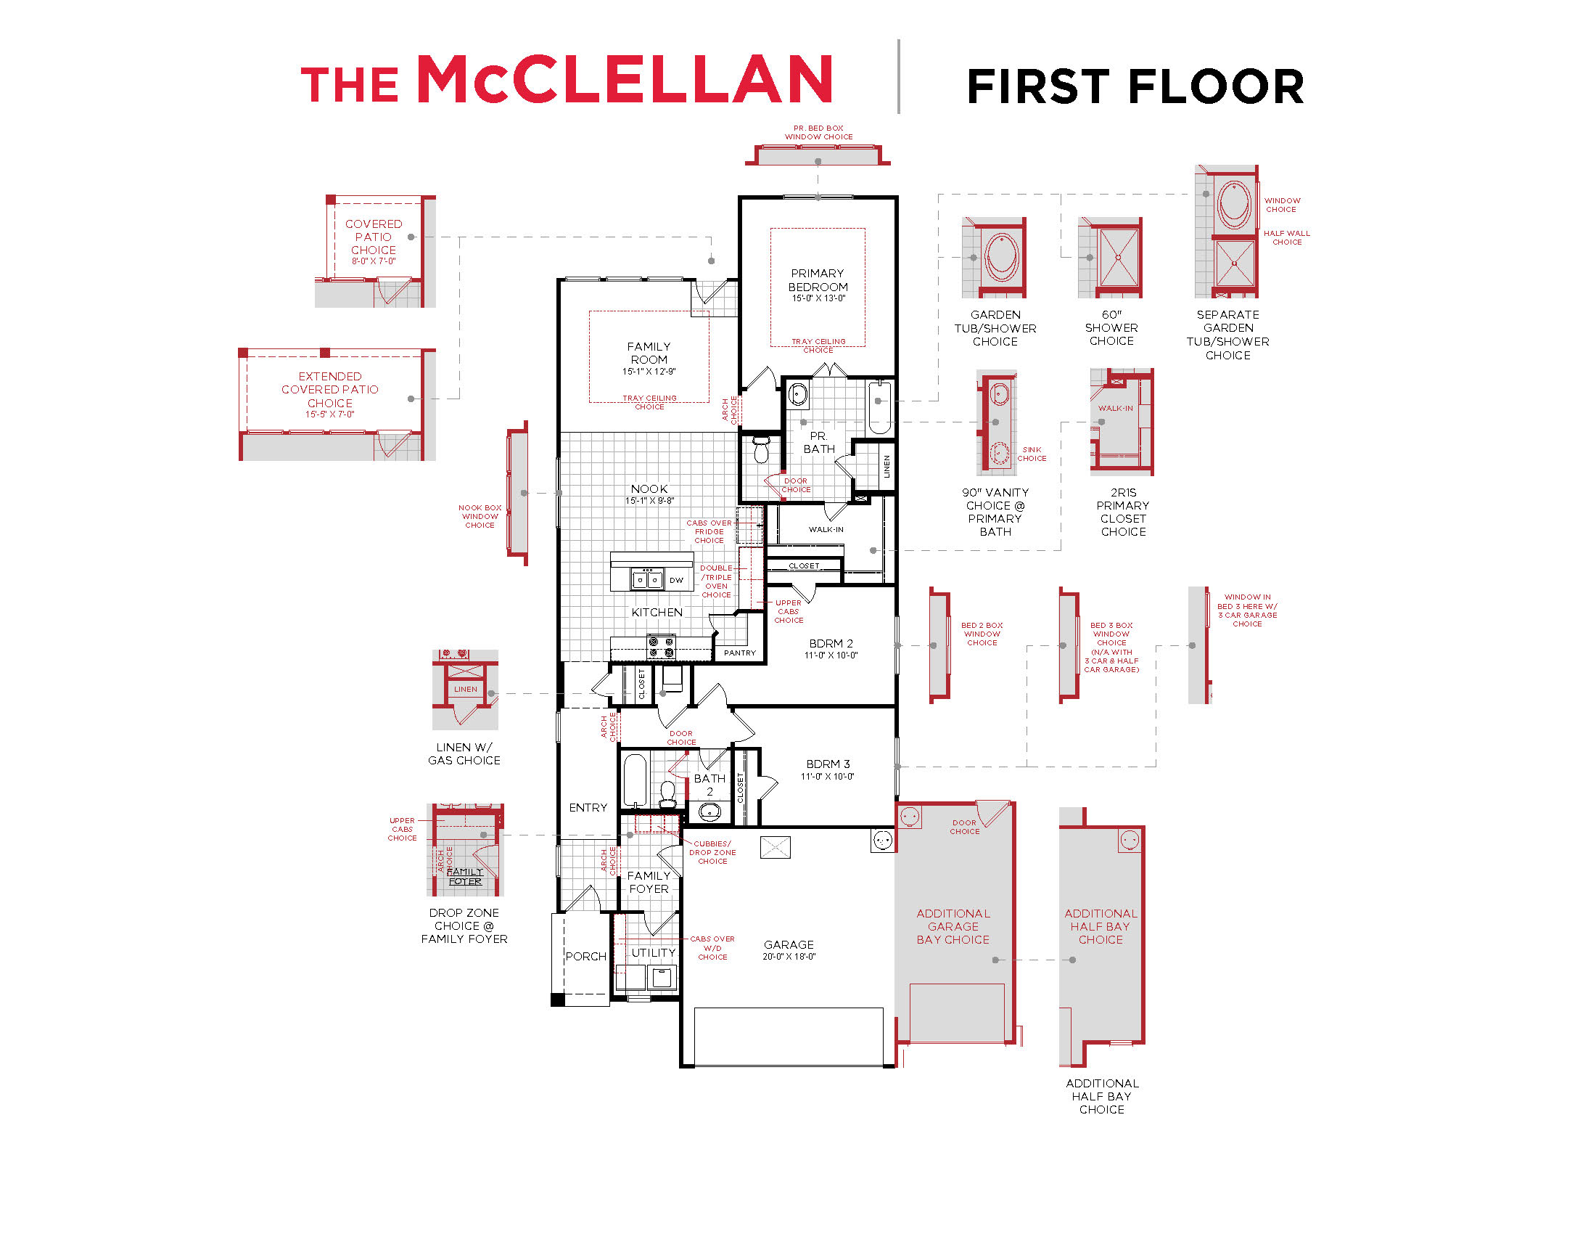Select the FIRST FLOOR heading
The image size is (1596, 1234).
tap(1134, 86)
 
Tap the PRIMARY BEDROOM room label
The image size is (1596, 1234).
tap(818, 280)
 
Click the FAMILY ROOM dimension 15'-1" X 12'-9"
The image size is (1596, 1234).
tap(649, 372)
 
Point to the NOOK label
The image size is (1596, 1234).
tap(649, 489)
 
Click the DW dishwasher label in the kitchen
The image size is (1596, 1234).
tap(676, 581)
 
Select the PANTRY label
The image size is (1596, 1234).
tap(739, 653)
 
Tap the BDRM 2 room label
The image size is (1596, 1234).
tap(831, 643)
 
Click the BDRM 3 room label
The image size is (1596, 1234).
tap(828, 764)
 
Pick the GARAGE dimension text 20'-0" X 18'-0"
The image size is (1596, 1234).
tap(789, 956)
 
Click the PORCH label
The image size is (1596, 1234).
tap(585, 956)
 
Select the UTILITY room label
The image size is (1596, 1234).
tap(653, 952)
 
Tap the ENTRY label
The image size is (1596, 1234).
tap(588, 807)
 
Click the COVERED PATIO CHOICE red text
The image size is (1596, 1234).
tap(374, 237)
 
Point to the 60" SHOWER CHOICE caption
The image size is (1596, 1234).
tap(1111, 327)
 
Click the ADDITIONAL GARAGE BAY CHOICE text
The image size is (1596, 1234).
tap(953, 926)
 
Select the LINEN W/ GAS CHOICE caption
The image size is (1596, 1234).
tap(464, 753)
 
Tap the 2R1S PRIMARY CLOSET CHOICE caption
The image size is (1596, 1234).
tap(1122, 512)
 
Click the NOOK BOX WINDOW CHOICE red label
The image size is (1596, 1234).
tap(480, 516)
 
